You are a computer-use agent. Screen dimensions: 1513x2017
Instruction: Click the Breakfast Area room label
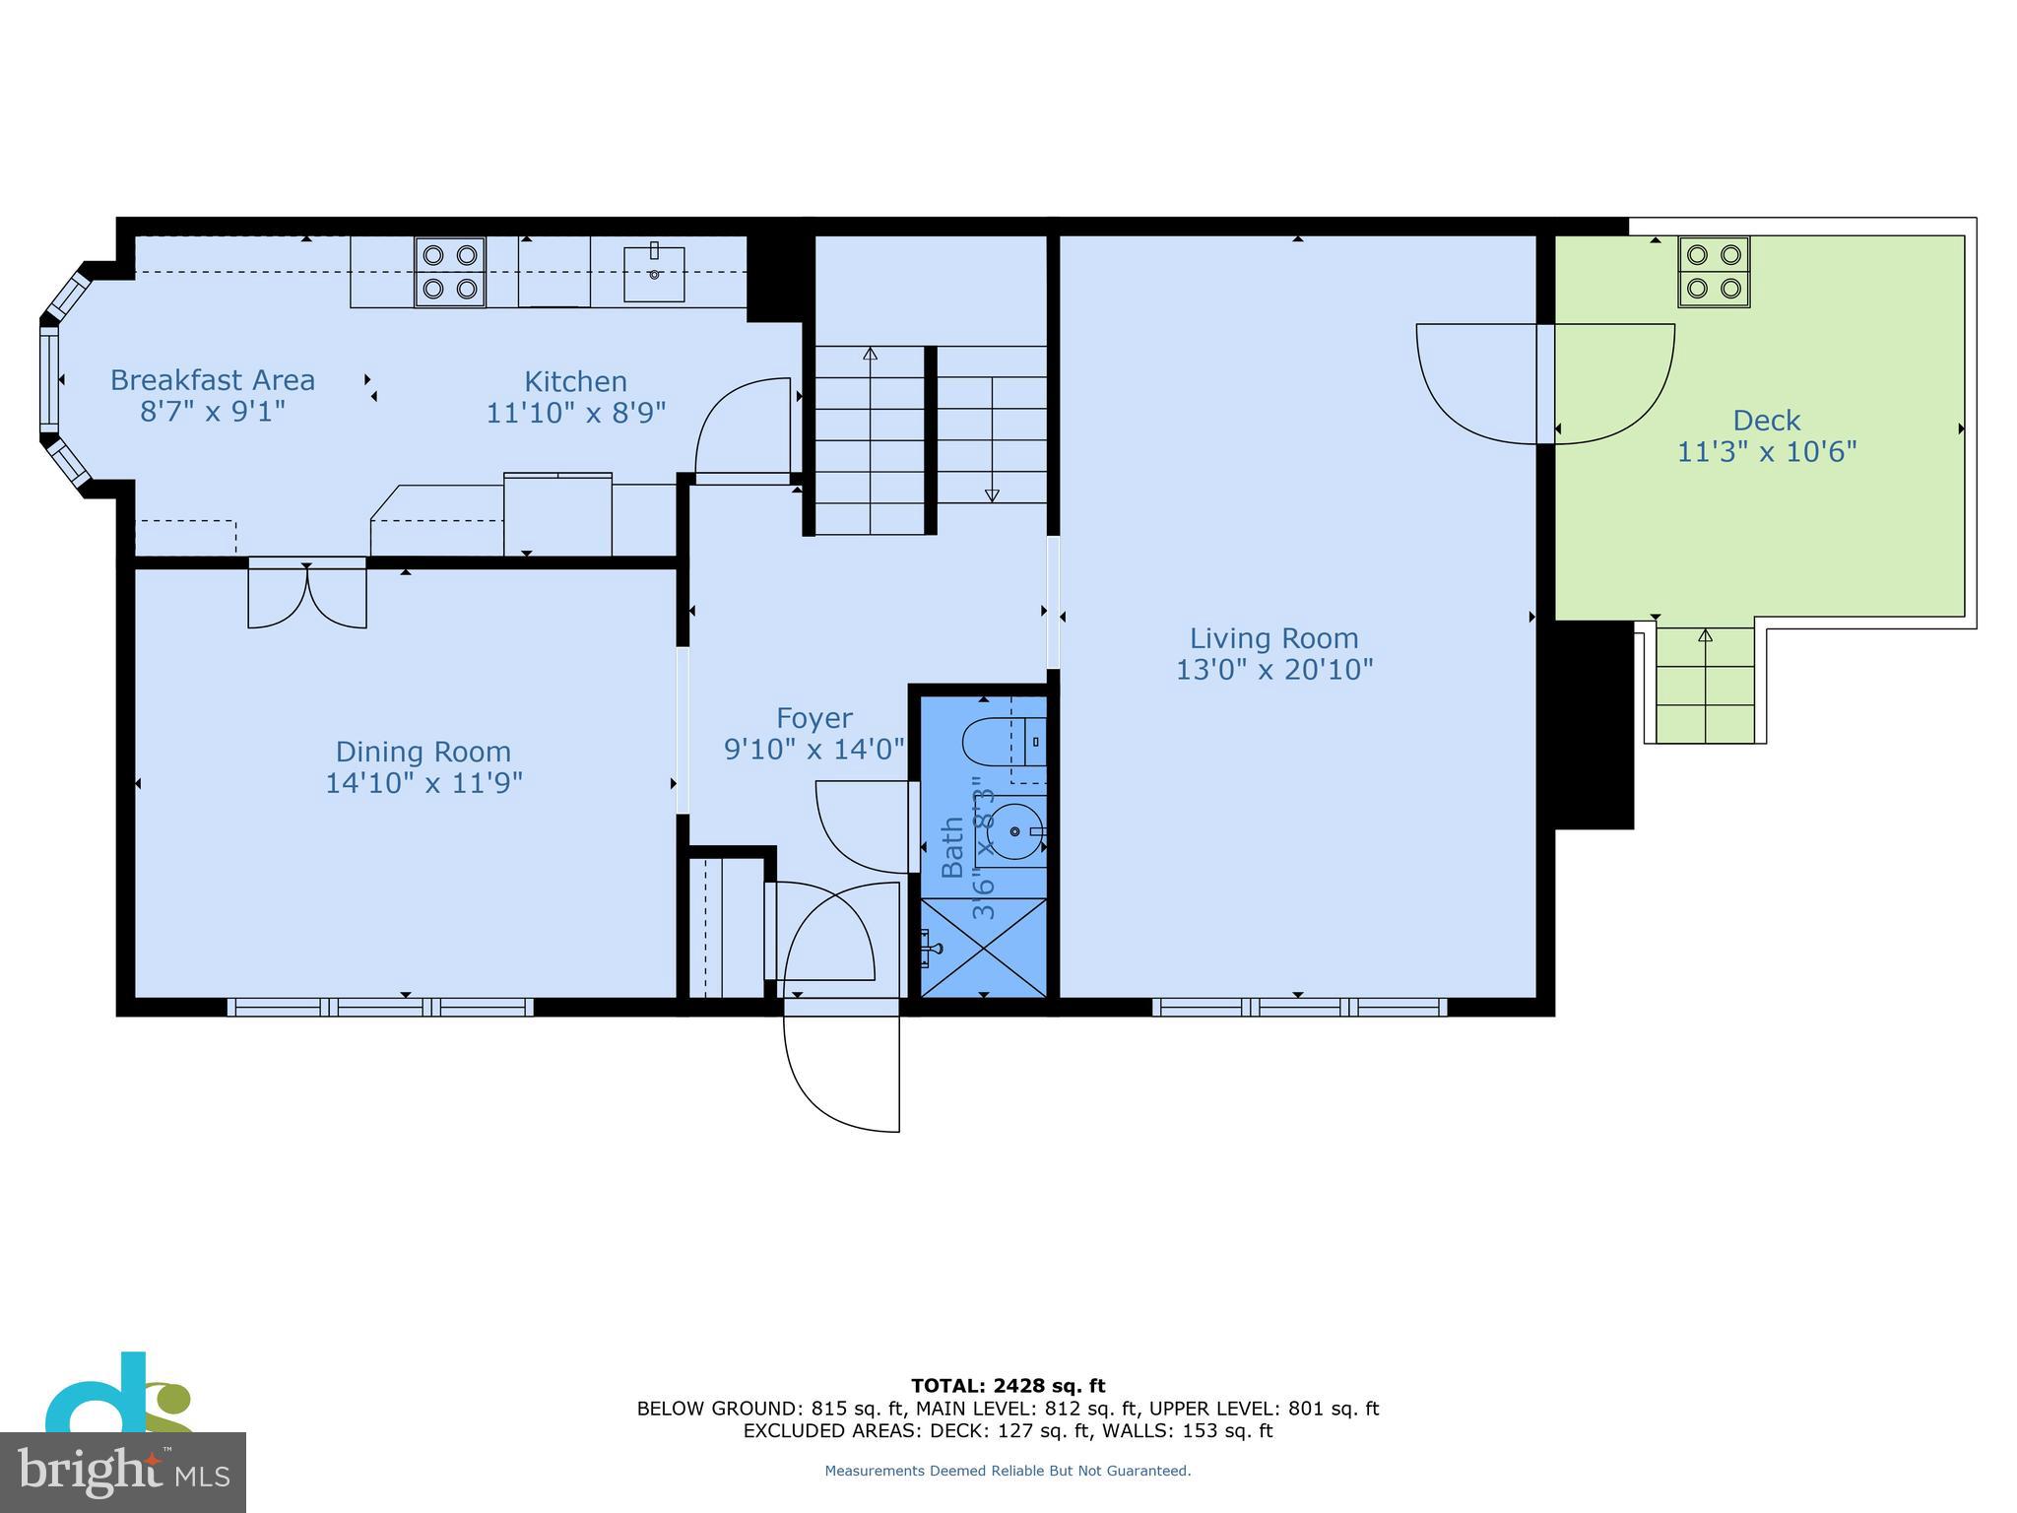pos(213,380)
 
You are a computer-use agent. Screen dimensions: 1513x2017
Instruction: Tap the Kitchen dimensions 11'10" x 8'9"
pos(576,413)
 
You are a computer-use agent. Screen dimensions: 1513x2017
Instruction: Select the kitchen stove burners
pos(450,272)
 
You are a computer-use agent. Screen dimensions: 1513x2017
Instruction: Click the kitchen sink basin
pos(654,274)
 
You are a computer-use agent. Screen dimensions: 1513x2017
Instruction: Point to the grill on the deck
pos(1714,272)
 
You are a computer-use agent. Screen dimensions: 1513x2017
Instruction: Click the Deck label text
pos(1766,421)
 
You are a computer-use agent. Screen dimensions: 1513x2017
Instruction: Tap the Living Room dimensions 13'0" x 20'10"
pos(1274,670)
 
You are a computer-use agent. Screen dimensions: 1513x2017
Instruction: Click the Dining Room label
pos(423,752)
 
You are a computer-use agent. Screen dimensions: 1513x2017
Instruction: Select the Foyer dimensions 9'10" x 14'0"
pos(814,750)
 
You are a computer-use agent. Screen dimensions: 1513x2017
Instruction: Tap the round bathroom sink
pos(1014,832)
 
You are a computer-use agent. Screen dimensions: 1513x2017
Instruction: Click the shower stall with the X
pos(984,947)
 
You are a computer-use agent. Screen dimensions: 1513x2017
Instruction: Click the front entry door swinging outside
pos(842,1069)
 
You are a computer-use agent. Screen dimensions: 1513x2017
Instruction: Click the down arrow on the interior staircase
pos(992,495)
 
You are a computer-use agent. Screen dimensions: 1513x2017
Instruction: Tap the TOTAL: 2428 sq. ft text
pos(1008,1386)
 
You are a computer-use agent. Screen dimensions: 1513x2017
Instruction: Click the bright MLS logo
pos(122,1472)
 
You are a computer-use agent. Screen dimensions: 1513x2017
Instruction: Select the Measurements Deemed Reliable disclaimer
pos(1008,1471)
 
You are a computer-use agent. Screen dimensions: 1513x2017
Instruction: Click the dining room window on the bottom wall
pos(380,1007)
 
